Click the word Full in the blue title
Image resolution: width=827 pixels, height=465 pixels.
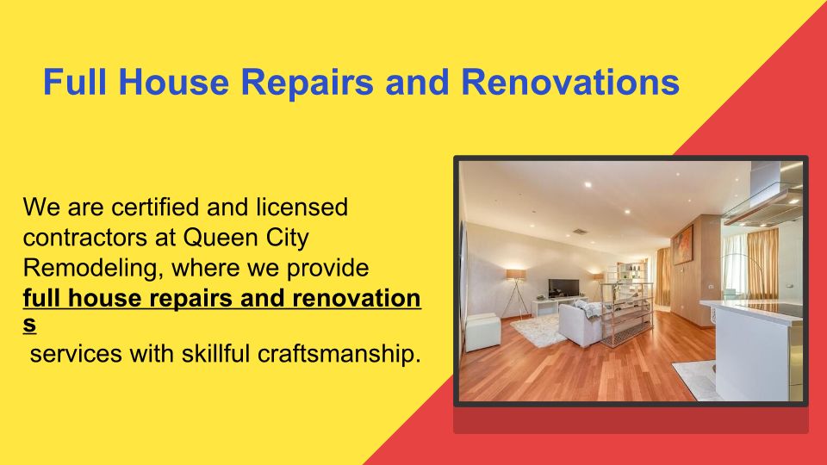[74, 83]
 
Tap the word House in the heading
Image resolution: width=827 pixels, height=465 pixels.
[173, 83]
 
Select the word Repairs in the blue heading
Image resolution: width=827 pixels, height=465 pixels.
[308, 84]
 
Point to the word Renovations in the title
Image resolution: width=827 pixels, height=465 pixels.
[570, 83]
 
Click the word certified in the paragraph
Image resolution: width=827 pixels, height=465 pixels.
[155, 208]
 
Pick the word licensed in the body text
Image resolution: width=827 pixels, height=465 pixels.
[302, 208]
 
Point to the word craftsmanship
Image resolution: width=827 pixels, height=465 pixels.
[339, 354]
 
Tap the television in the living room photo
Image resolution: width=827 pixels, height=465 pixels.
[563, 288]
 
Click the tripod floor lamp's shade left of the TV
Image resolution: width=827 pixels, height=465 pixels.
[516, 275]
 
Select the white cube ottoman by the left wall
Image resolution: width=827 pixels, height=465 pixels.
[482, 332]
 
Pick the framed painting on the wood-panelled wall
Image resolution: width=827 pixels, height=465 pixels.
[682, 244]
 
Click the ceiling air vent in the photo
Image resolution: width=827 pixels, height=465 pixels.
[580, 232]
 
